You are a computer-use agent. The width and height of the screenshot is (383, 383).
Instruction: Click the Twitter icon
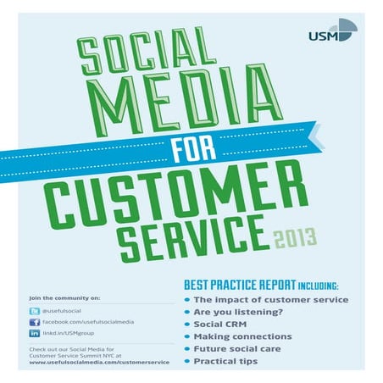(x=34, y=311)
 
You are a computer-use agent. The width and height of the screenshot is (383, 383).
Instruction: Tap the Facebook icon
(x=34, y=323)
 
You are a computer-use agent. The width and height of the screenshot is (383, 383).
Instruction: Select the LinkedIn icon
(x=34, y=334)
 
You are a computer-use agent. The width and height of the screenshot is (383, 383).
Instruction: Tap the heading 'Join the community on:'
(x=64, y=297)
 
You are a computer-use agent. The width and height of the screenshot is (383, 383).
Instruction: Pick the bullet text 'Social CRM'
(x=220, y=324)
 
